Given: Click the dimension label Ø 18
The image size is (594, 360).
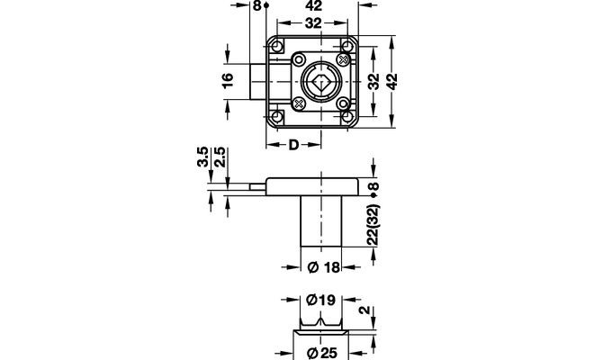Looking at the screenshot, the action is pos(323,267).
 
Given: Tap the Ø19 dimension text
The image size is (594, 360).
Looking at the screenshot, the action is pos(320,300).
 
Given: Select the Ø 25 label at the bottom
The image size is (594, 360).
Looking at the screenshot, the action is pos(322,353).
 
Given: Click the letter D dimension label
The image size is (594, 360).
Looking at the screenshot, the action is pos(293,145).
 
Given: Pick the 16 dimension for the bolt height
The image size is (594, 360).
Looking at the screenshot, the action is pos(228,81).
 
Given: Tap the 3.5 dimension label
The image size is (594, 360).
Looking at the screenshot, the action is pos(202,157).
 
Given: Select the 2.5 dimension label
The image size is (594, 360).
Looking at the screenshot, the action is pos(220,157).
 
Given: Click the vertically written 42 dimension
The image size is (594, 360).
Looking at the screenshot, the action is pos(392,82).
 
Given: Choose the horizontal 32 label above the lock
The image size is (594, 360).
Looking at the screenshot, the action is pos(313,23).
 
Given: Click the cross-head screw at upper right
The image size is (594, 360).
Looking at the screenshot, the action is pos(343,59).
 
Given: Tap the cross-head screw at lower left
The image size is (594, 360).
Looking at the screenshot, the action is pos(300,103).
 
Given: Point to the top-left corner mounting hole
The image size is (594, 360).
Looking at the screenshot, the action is pos(277,47).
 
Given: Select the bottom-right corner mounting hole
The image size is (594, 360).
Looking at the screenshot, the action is pos(346,116).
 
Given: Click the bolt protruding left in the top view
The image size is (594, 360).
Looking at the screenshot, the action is pos(258,82).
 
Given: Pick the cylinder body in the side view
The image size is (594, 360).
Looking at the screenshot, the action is pos(321,221).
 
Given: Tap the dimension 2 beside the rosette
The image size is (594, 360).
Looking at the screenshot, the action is pos(364,310).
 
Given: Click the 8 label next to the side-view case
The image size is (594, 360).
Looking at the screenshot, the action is pos(373,186).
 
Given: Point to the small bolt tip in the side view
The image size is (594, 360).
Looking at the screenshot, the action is pos(258,186).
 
